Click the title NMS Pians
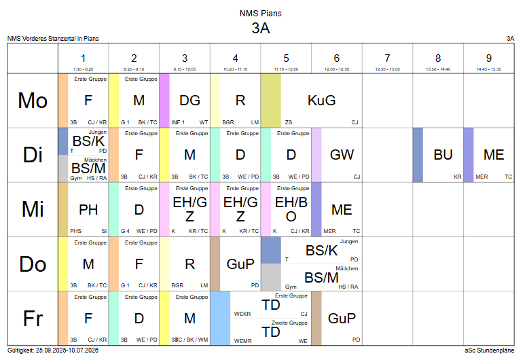point(261,13)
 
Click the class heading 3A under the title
point(261,28)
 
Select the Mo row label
point(33,101)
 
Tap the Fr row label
point(33,318)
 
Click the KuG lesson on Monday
point(321,101)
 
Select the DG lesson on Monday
point(189,101)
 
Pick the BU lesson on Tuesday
point(443,155)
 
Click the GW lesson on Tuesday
point(342,155)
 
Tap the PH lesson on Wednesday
point(88,209)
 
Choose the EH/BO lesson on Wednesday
point(291,209)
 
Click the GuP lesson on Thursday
point(240,264)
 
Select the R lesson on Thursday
point(189,264)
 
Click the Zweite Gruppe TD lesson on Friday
point(271,331)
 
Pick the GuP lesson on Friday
point(342,318)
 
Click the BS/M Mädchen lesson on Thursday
point(321,277)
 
